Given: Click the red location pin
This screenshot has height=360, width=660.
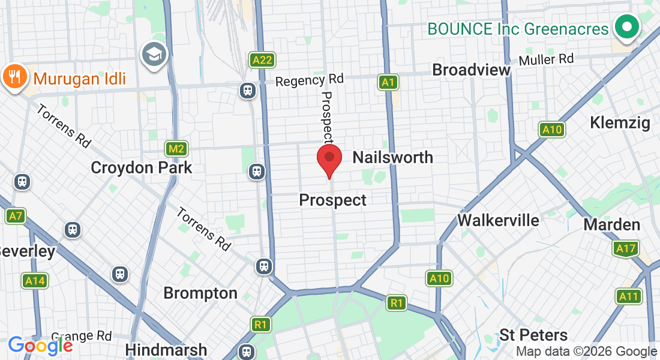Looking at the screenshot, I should (329, 158).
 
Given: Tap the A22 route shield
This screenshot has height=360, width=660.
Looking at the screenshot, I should (262, 59).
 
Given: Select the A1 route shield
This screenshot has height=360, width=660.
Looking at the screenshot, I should (388, 82).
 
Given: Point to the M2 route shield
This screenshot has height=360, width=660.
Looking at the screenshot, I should (176, 149).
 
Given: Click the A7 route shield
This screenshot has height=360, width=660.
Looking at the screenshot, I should (16, 215).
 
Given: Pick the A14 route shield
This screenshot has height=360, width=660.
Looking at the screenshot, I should (34, 280).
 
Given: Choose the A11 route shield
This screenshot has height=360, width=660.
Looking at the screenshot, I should (628, 296).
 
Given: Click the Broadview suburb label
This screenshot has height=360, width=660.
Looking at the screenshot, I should (471, 70).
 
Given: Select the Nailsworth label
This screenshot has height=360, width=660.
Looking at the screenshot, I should (392, 157).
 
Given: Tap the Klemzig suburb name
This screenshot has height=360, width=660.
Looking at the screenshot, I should (620, 123).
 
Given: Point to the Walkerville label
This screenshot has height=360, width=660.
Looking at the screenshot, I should (498, 220).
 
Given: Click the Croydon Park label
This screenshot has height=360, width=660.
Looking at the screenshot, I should (142, 167).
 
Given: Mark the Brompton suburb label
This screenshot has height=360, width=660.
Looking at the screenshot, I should (200, 293).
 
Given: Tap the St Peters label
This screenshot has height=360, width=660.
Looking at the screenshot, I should (533, 335).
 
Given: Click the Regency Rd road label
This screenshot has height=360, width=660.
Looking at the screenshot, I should (310, 80).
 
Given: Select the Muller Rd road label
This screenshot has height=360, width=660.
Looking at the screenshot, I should (546, 59).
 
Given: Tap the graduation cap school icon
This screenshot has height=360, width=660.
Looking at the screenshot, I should (154, 55).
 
